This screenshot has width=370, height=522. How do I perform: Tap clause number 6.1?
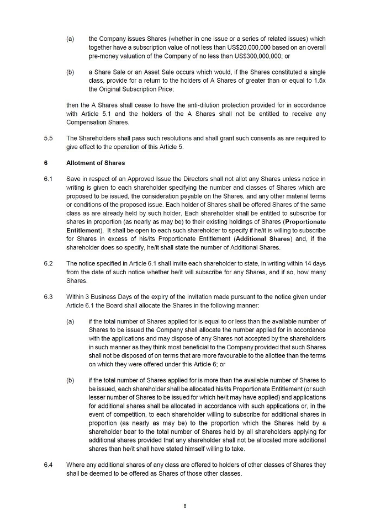[48, 179]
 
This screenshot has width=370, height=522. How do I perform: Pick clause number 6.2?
[48, 264]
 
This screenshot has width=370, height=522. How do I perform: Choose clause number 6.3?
[48, 297]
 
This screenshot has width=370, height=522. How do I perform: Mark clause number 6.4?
[48, 465]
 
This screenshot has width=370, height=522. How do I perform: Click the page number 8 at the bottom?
[185, 505]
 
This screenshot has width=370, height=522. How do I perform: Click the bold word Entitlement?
[83, 230]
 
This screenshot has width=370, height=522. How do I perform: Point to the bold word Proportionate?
[304, 221]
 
